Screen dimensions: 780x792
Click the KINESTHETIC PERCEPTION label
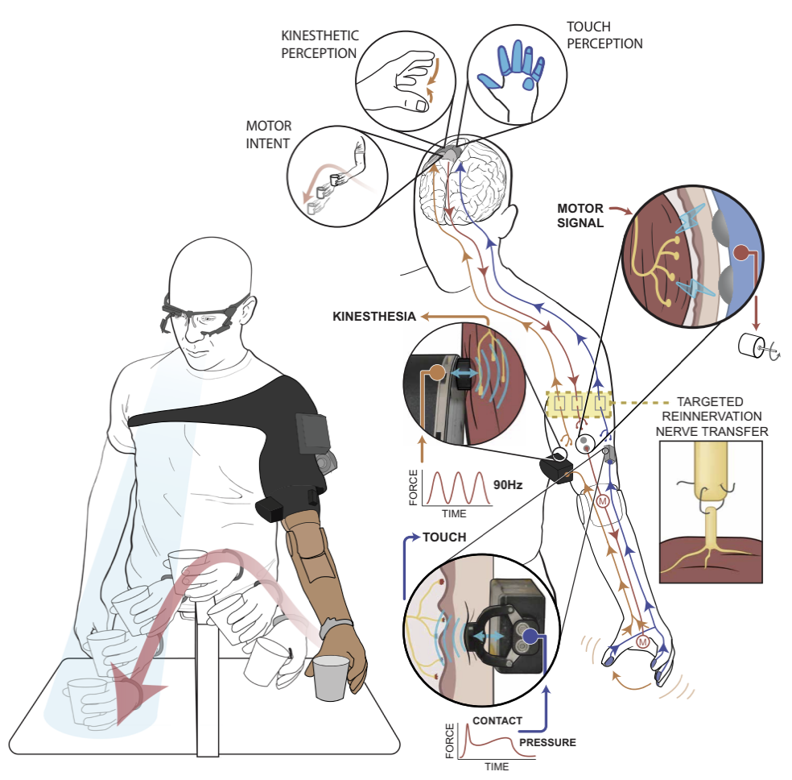[320, 45]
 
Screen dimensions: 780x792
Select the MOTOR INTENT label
[269, 135]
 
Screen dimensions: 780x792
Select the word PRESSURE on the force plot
[547, 741]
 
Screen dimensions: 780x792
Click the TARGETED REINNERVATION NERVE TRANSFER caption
[709, 417]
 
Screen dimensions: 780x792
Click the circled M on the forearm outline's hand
[642, 642]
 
